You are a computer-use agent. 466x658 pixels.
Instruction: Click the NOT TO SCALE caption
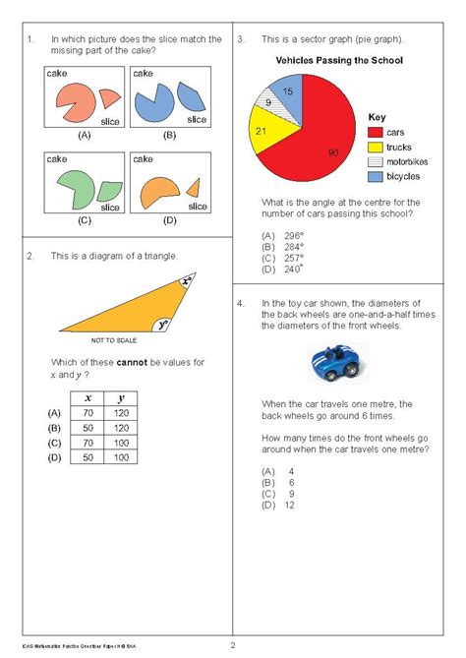(x=112, y=339)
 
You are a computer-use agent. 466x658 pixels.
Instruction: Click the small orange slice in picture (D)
(x=194, y=186)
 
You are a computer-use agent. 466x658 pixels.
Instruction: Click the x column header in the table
(x=87, y=397)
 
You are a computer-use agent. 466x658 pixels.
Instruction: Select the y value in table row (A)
(x=120, y=414)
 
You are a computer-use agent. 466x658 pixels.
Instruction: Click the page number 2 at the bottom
(x=233, y=645)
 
